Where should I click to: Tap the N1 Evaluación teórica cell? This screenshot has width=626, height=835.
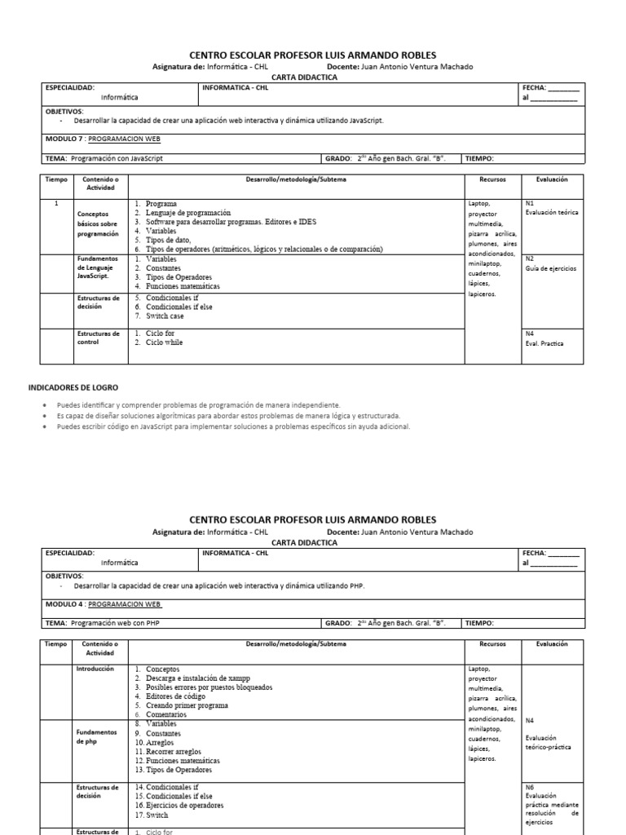552,207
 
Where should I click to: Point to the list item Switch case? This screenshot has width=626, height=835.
165,316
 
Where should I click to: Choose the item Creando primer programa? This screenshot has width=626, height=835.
187,705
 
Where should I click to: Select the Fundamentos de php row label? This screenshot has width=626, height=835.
96,737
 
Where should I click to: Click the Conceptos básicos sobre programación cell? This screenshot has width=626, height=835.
99,221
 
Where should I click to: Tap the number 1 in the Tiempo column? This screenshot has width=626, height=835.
55,203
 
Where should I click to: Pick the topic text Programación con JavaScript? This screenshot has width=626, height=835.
121,159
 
